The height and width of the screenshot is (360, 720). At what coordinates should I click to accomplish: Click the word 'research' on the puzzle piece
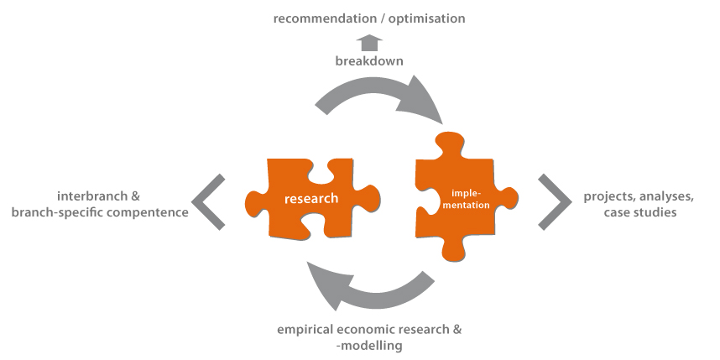pos(310,199)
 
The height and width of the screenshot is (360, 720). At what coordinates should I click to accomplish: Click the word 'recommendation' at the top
pos(325,18)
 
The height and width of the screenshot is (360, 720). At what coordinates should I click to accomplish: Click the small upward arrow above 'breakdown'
pos(368,41)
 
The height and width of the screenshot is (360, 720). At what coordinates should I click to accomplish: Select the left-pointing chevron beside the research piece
pos(208,201)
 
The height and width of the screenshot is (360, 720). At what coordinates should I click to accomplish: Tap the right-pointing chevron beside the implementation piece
pos(555,201)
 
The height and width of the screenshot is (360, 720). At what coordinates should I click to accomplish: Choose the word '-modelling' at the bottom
pos(368,345)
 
